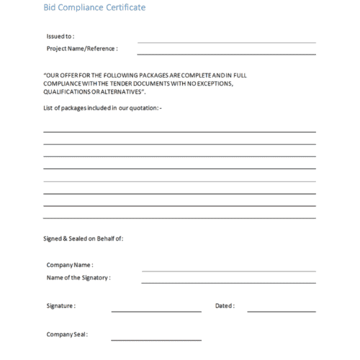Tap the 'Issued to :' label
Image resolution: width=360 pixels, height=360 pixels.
coord(60,35)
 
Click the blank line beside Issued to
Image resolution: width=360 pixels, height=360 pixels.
coord(226,42)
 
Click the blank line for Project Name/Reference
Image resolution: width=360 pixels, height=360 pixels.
coord(226,54)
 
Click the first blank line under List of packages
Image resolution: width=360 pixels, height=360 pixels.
coord(179,132)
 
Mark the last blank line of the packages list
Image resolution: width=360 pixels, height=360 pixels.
coord(179,217)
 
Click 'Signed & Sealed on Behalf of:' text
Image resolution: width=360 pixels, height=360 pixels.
coord(84,238)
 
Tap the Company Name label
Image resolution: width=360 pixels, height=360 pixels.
coord(70,265)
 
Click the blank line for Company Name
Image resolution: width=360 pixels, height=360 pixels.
coord(229,271)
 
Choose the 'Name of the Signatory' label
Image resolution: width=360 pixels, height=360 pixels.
coord(78,276)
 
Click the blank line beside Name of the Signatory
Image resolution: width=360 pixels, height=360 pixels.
coord(229,283)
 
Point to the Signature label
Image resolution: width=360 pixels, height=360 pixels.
coord(61,306)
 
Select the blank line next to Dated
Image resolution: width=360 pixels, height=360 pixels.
coord(282,312)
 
